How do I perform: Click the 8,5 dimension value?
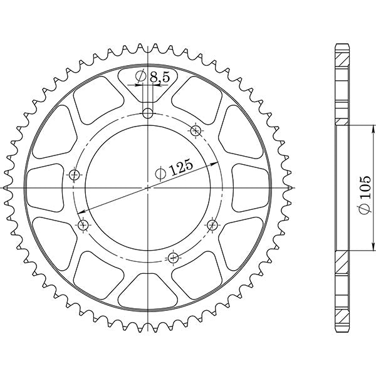[x=160, y=77]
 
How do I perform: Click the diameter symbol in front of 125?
[x=160, y=172]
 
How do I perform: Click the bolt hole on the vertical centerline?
[x=148, y=113]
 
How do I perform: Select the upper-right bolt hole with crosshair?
[x=196, y=130]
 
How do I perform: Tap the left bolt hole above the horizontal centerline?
[x=75, y=174]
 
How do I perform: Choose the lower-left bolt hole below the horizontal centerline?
[x=83, y=224]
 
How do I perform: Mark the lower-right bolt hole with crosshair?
[x=212, y=224]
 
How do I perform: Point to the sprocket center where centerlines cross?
[x=148, y=187]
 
